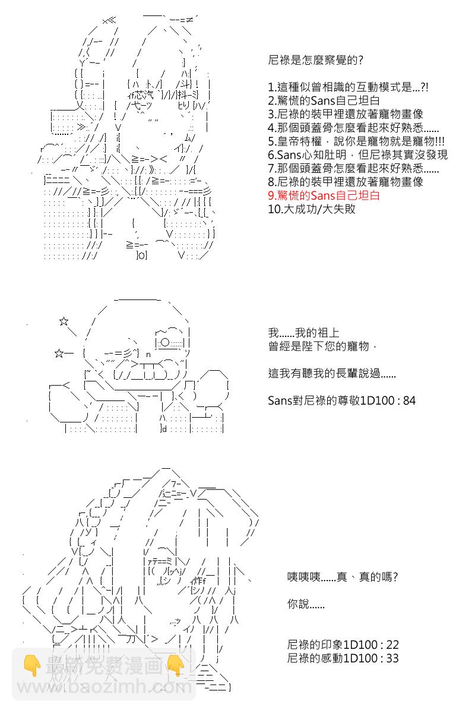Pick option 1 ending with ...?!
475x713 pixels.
pos(347,87)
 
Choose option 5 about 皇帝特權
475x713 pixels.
pos(356,141)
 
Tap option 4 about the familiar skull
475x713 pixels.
pos(353,128)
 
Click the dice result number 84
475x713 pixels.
pos(409,401)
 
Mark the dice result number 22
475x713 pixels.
pos(392,645)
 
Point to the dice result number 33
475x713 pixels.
pos(392,658)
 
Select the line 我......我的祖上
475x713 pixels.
pos(303,333)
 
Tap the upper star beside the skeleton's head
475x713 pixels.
pos(64,322)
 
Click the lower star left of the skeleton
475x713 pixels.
pos(59,354)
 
